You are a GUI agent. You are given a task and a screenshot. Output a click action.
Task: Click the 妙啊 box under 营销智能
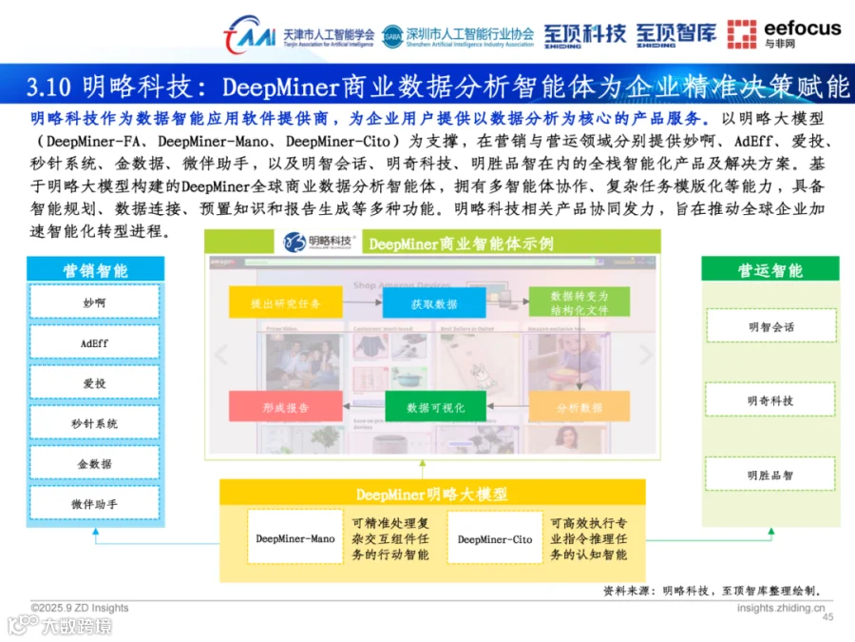click(x=95, y=302)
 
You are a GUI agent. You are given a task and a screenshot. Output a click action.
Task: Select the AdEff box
click(x=95, y=342)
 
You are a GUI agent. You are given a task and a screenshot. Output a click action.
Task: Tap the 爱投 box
click(x=95, y=382)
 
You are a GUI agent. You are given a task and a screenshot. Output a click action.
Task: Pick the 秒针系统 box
click(x=95, y=423)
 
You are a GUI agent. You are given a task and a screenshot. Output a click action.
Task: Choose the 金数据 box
click(x=95, y=463)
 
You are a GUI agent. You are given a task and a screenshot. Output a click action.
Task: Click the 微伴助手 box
click(x=95, y=503)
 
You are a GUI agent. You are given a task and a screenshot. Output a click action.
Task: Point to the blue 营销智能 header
click(x=95, y=270)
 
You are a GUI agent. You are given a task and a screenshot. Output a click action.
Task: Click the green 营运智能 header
click(x=770, y=270)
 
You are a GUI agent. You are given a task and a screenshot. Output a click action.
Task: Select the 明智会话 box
click(x=770, y=326)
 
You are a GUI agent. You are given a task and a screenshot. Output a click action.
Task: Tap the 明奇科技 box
click(x=770, y=400)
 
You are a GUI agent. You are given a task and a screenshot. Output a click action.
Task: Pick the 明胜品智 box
click(x=770, y=475)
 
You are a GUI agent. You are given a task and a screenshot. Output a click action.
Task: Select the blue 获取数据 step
click(x=434, y=303)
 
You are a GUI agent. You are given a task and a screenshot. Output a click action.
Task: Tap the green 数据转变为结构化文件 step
click(x=579, y=302)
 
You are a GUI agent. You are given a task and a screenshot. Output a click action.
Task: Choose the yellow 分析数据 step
click(x=579, y=407)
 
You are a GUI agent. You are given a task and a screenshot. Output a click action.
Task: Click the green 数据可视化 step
click(x=434, y=407)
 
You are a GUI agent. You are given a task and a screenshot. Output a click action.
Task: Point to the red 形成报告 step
click(x=285, y=407)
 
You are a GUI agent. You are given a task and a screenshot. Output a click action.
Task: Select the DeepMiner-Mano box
click(x=295, y=538)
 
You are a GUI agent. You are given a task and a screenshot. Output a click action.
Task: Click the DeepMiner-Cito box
click(x=495, y=538)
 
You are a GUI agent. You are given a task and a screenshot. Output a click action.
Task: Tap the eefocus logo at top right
click(x=784, y=33)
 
